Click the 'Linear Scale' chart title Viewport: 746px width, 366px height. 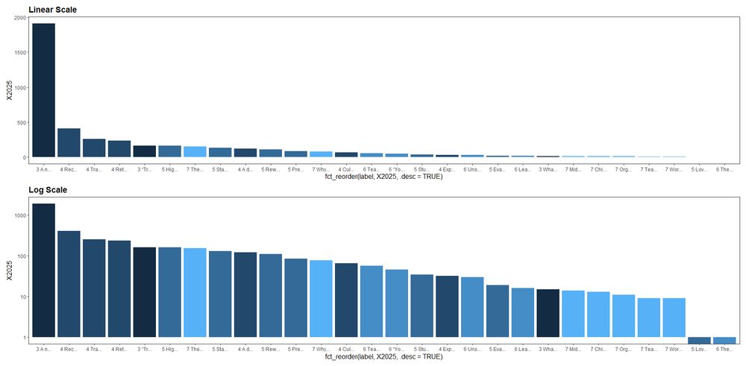point(52,10)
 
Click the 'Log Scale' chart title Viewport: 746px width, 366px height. point(48,190)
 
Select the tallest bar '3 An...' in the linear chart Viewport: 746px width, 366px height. point(43,89)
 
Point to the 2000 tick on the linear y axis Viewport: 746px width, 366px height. point(21,18)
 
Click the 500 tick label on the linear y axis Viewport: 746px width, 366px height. point(22,123)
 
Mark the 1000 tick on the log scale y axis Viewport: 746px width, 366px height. point(21,215)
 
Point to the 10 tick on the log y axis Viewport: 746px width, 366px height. point(24,297)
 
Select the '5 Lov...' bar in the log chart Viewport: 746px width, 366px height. point(699,341)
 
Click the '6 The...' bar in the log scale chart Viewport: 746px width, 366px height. point(724,341)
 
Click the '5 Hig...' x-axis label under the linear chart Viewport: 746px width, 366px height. point(169,169)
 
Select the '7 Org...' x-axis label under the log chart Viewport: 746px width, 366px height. point(623,350)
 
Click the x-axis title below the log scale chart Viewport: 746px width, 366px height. point(383,357)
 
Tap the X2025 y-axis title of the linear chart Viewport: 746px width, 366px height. point(9,89)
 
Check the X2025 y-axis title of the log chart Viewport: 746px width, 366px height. point(9,269)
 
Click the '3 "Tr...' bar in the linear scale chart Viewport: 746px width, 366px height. point(144,151)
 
